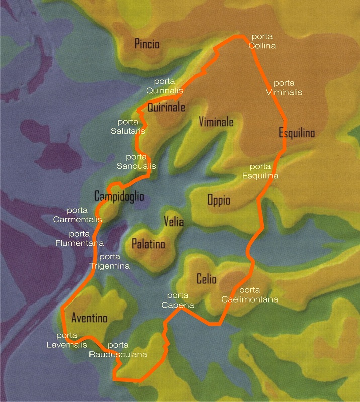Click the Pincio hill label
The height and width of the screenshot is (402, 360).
pyautogui.click(x=147, y=44)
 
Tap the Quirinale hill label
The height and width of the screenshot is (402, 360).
pyautogui.click(x=166, y=107)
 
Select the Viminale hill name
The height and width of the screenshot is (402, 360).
pyautogui.click(x=216, y=122)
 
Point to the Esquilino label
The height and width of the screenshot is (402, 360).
pyautogui.click(x=297, y=133)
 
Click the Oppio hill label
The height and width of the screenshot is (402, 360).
pyautogui.click(x=219, y=200)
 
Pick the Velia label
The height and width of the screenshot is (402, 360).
pyautogui.click(x=173, y=222)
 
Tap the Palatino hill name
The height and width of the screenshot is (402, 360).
pyautogui.click(x=148, y=244)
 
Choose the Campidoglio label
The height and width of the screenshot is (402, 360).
pyautogui.click(x=119, y=195)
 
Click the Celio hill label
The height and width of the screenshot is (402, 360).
pyautogui.click(x=207, y=280)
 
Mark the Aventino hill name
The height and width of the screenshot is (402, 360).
pyautogui.click(x=89, y=318)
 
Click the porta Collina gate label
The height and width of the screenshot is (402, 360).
pyautogui.click(x=263, y=41)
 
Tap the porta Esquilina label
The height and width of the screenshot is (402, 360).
pyautogui.click(x=260, y=171)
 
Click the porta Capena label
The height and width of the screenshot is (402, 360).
pyautogui.click(x=177, y=300)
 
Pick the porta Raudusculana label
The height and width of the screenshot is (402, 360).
pyautogui.click(x=118, y=350)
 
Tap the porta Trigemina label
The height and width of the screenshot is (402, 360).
pyautogui.click(x=110, y=261)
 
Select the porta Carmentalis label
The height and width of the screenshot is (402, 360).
pyautogui.click(x=78, y=215)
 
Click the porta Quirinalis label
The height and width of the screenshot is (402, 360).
pyautogui.click(x=164, y=86)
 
